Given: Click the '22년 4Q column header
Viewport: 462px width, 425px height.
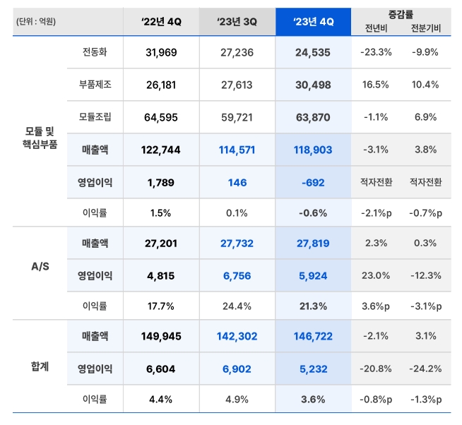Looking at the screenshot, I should pos(162,21).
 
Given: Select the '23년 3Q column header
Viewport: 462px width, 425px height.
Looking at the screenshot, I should pos(237,21).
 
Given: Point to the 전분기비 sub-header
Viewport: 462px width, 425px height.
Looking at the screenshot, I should pos(425,28).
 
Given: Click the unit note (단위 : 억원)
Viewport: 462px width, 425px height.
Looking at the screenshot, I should pos(35,21).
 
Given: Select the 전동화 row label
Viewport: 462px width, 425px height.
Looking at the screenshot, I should pos(95,52).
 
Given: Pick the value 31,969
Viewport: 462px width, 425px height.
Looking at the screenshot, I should pos(162,52).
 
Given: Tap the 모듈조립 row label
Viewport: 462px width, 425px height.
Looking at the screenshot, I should pos(95,116).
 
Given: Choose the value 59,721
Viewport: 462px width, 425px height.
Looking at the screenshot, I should pos(237,116).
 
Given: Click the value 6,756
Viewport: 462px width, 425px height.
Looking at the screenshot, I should pos(237,275).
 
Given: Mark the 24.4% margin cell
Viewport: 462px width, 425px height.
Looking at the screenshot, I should pos(237,306).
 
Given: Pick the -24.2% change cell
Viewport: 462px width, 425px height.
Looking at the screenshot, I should pos(425,369).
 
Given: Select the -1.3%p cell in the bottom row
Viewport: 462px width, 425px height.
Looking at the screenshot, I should pos(425,399).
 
